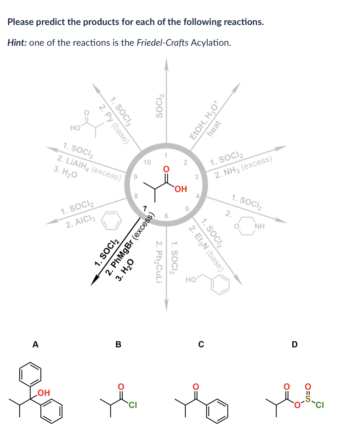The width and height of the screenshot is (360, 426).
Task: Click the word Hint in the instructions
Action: pyautogui.click(x=17, y=42)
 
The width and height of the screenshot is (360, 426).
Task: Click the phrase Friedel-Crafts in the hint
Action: pyautogui.click(x=161, y=42)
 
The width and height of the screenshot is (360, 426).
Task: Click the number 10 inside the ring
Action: pyautogui.click(x=147, y=163)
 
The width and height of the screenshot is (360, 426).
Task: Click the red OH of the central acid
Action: pyautogui.click(x=180, y=189)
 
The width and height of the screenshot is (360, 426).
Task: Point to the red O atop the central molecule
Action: pyautogui.click(x=166, y=169)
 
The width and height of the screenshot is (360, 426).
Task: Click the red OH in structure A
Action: pyautogui.click(x=44, y=393)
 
